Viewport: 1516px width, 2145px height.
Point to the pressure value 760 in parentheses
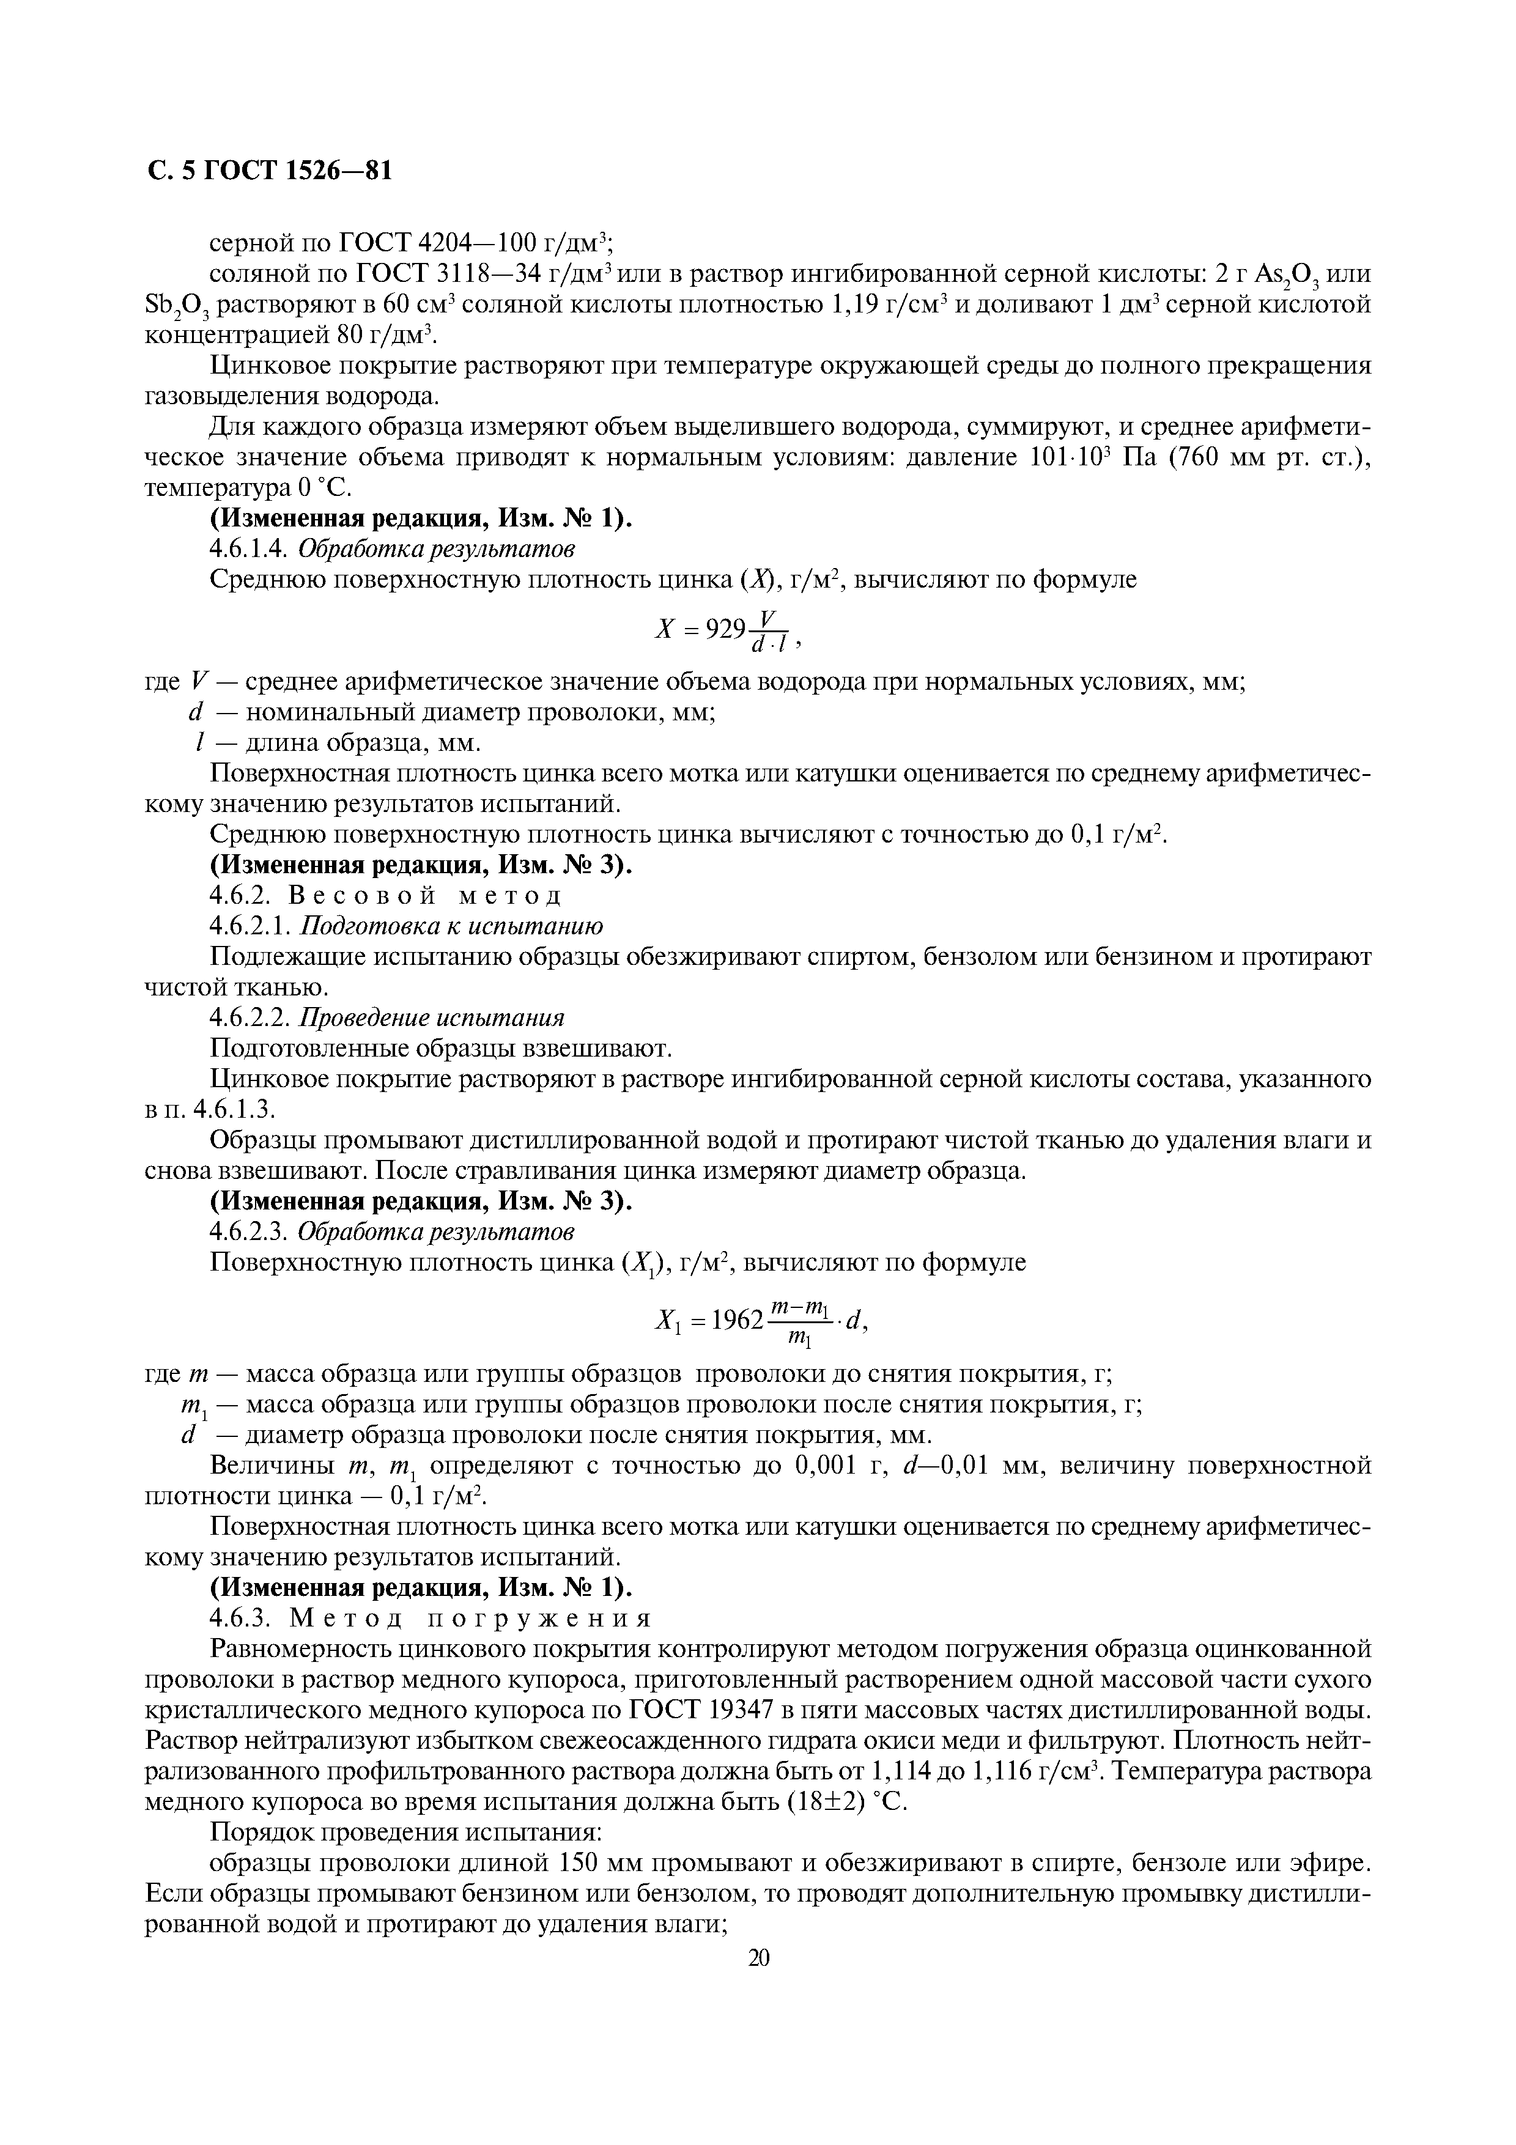tap(1157, 458)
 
